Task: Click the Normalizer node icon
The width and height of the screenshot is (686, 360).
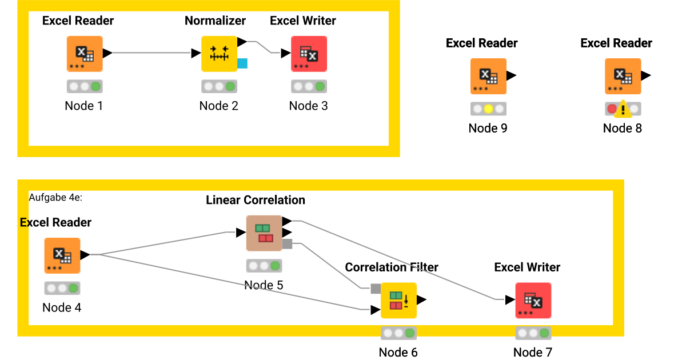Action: [x=219, y=54]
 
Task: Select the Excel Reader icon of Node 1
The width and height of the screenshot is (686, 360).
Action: [x=85, y=54]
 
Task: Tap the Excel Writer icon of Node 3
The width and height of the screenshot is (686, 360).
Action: [x=309, y=54]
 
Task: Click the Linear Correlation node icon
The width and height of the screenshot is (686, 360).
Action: [x=264, y=233]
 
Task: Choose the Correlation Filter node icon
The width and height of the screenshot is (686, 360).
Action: [x=398, y=300]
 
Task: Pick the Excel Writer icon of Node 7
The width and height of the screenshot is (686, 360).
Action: [x=533, y=300]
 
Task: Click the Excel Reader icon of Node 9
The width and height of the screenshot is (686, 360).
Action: [x=488, y=76]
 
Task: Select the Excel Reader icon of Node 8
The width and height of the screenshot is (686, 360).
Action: [x=623, y=76]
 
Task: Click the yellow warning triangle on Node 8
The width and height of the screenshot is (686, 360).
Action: [x=623, y=109]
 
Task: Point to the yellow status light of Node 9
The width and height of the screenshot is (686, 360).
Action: [x=488, y=109]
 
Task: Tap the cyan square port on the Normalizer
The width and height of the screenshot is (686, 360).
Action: [x=242, y=63]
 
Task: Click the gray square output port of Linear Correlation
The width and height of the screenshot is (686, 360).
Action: [x=288, y=244]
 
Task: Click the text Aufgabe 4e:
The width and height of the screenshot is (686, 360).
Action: [x=55, y=197]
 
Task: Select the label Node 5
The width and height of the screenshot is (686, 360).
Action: [x=264, y=285]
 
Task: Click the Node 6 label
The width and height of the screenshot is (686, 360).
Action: [x=398, y=352]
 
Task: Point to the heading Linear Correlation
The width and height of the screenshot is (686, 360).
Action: [x=256, y=200]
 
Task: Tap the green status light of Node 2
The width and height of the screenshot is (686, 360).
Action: [x=230, y=86]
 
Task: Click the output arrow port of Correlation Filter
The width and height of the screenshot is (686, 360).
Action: [x=422, y=299]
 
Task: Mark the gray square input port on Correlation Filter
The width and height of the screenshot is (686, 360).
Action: [x=376, y=289]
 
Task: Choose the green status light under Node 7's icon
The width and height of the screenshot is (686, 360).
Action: [x=544, y=333]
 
